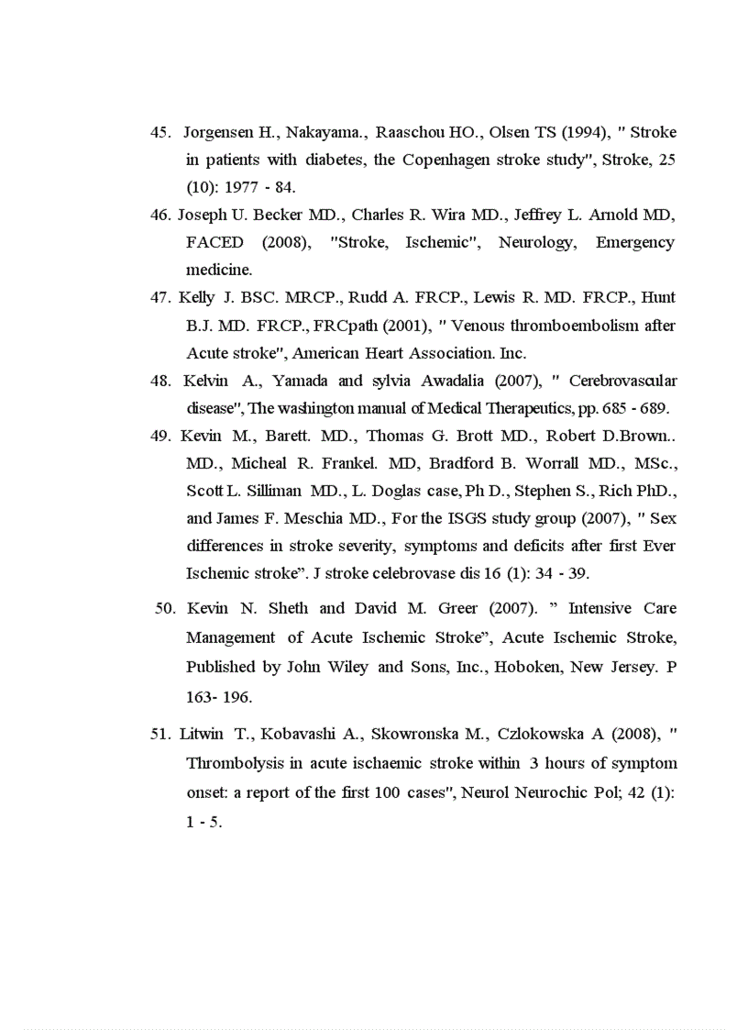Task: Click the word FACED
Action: coord(214,242)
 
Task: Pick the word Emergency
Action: coord(634,242)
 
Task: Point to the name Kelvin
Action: coord(205,380)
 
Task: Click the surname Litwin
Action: coord(202,733)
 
